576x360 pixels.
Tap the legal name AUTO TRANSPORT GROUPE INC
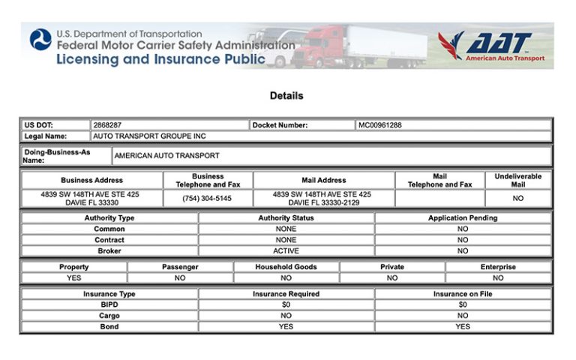(149, 136)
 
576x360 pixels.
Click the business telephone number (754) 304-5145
(208, 199)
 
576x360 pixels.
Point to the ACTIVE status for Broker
(286, 251)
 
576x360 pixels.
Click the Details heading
(286, 96)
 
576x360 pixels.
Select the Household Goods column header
(286, 267)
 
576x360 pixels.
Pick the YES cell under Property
(74, 277)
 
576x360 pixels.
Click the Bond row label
(109, 327)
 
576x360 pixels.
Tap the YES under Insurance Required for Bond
(286, 327)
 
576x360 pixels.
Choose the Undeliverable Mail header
(517, 181)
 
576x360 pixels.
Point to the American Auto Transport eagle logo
(452, 45)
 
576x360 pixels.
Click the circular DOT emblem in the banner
(40, 40)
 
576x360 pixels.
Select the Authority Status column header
(286, 218)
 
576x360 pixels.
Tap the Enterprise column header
(498, 267)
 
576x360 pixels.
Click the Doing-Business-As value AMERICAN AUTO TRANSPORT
(167, 156)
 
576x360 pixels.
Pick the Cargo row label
(109, 316)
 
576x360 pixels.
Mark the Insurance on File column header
(463, 294)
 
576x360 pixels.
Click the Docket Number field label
(280, 125)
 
